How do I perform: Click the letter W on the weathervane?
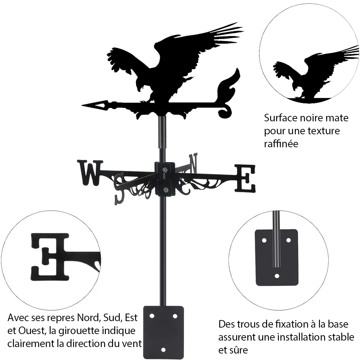pyautogui.click(x=90, y=173)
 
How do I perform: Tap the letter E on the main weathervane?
pyautogui.click(x=245, y=179)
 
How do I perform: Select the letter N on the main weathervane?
pyautogui.click(x=193, y=163)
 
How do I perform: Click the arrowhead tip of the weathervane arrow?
pyautogui.click(x=82, y=105)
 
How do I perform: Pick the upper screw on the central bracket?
pyautogui.click(x=165, y=170)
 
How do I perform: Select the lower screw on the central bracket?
pyautogui.click(x=165, y=190)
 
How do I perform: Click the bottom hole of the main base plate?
pyautogui.click(x=163, y=350)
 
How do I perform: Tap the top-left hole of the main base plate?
pyautogui.click(x=152, y=316)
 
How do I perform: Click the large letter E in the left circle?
pyautogui.click(x=50, y=257)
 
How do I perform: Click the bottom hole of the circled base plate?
pyautogui.click(x=277, y=276)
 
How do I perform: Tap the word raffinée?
pyautogui.click(x=281, y=144)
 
